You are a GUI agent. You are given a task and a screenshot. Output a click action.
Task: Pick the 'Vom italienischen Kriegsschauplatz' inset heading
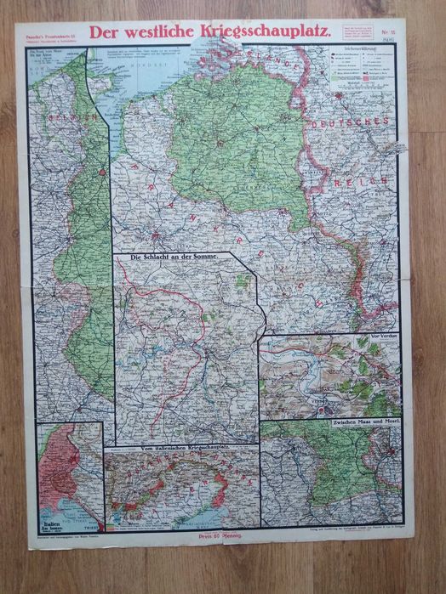point(179,448)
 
